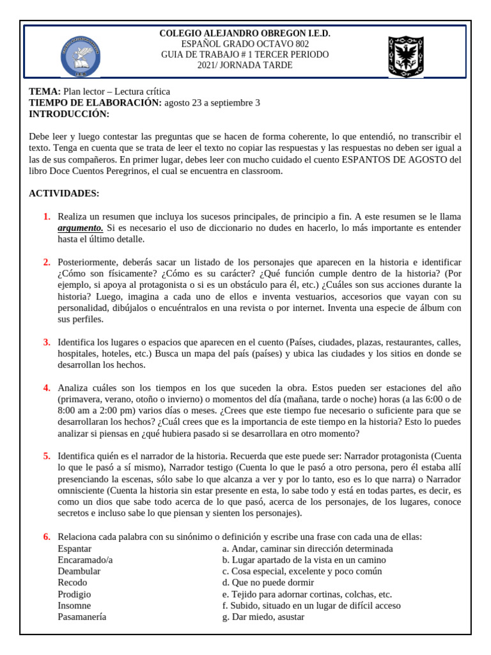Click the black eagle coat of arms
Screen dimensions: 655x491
(405, 56)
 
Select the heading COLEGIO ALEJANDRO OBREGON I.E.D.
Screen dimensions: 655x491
(245, 33)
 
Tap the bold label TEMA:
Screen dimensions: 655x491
(45, 91)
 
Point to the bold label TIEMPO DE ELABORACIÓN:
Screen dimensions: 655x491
(95, 103)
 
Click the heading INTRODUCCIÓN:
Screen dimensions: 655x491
(69, 114)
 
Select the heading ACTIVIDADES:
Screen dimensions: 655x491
(64, 193)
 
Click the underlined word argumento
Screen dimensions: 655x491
(80, 228)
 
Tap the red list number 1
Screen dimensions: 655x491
(47, 217)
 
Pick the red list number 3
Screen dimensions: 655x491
(47, 342)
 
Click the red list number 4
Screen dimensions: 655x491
(47, 388)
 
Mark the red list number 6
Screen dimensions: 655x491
(47, 536)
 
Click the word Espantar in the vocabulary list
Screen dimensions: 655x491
(74, 548)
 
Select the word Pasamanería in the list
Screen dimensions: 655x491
(82, 617)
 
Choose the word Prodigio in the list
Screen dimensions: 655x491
(74, 594)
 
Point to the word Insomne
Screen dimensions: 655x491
(74, 606)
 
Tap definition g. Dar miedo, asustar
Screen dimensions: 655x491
(263, 617)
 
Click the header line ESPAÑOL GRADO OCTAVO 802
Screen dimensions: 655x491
(245, 44)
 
